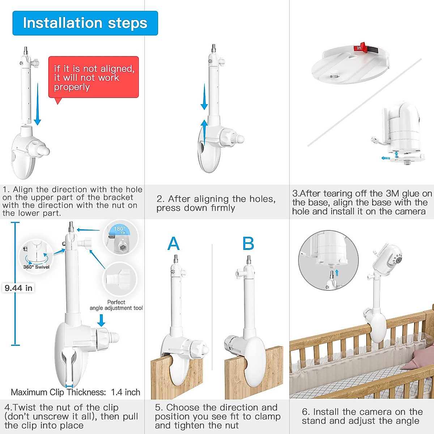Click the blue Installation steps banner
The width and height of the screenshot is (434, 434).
click(85, 23)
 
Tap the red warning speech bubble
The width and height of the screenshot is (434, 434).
click(93, 77)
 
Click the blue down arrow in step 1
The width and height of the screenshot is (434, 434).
click(37, 105)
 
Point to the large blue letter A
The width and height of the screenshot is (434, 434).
click(174, 244)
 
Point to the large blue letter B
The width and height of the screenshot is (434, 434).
click(248, 244)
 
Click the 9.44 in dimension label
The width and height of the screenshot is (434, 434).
click(18, 288)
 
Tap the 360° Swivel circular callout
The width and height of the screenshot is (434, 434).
click(36, 255)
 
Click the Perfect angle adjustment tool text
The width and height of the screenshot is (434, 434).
click(116, 305)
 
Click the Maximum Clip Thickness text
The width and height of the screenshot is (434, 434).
click(76, 392)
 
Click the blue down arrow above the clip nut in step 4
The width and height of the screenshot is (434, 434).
click(101, 320)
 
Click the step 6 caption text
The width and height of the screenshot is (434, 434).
click(362, 416)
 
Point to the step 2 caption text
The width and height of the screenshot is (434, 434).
click(216, 203)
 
